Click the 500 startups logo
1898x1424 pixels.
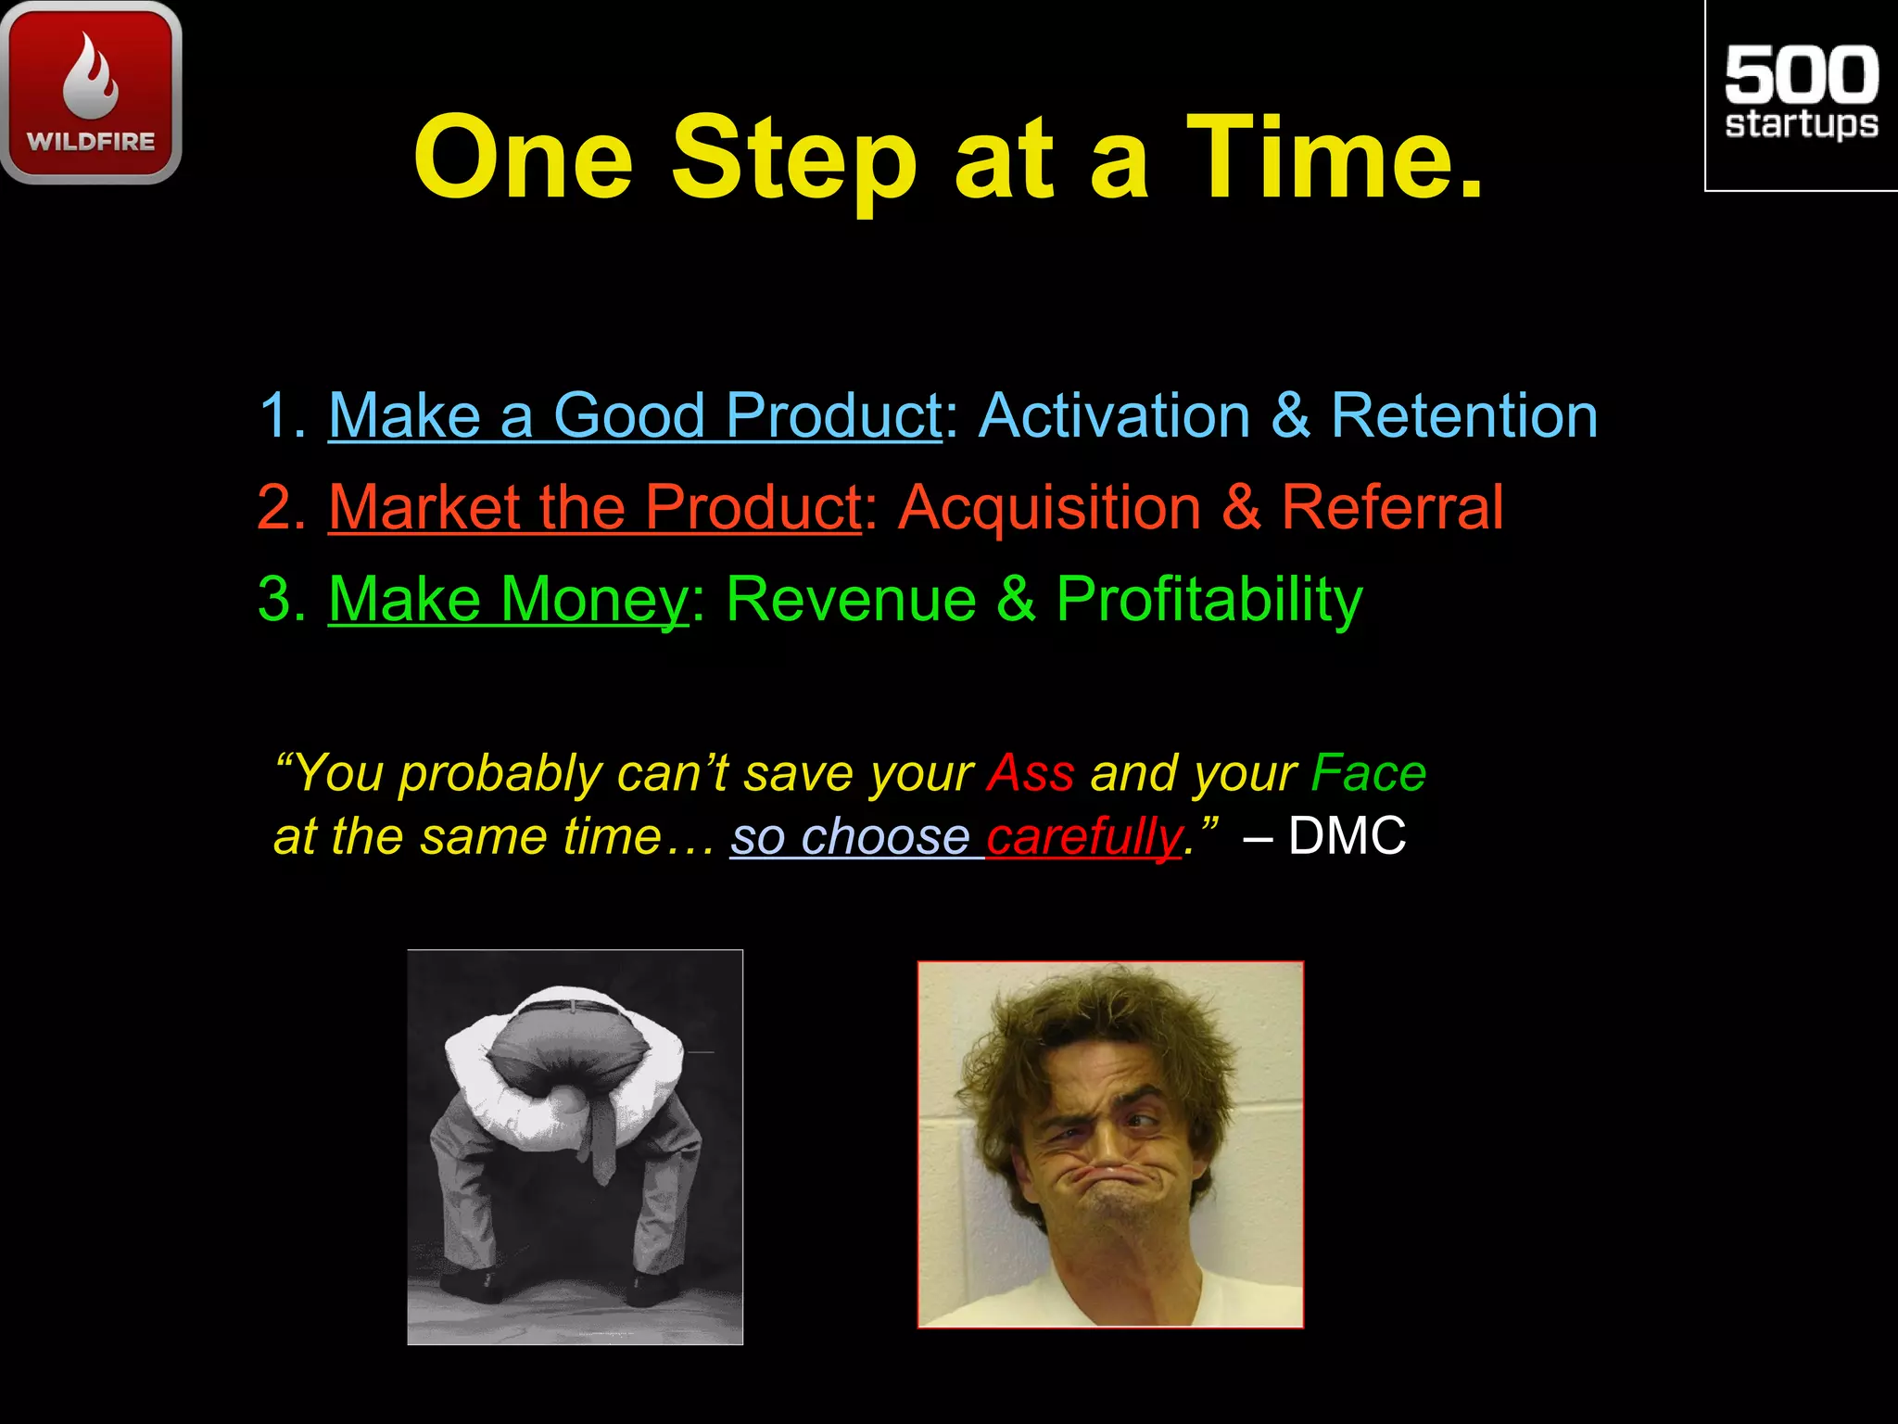click(x=1801, y=93)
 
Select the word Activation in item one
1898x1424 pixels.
click(x=1114, y=415)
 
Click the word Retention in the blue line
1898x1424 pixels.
click(x=1464, y=415)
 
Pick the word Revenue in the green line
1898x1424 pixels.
click(x=851, y=599)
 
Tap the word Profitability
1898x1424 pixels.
click(x=1209, y=601)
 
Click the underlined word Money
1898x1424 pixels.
click(x=593, y=601)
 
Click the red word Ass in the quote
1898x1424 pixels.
click(x=1031, y=773)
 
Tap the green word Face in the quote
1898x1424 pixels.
click(x=1368, y=773)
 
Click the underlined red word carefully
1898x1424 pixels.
click(x=1082, y=837)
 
